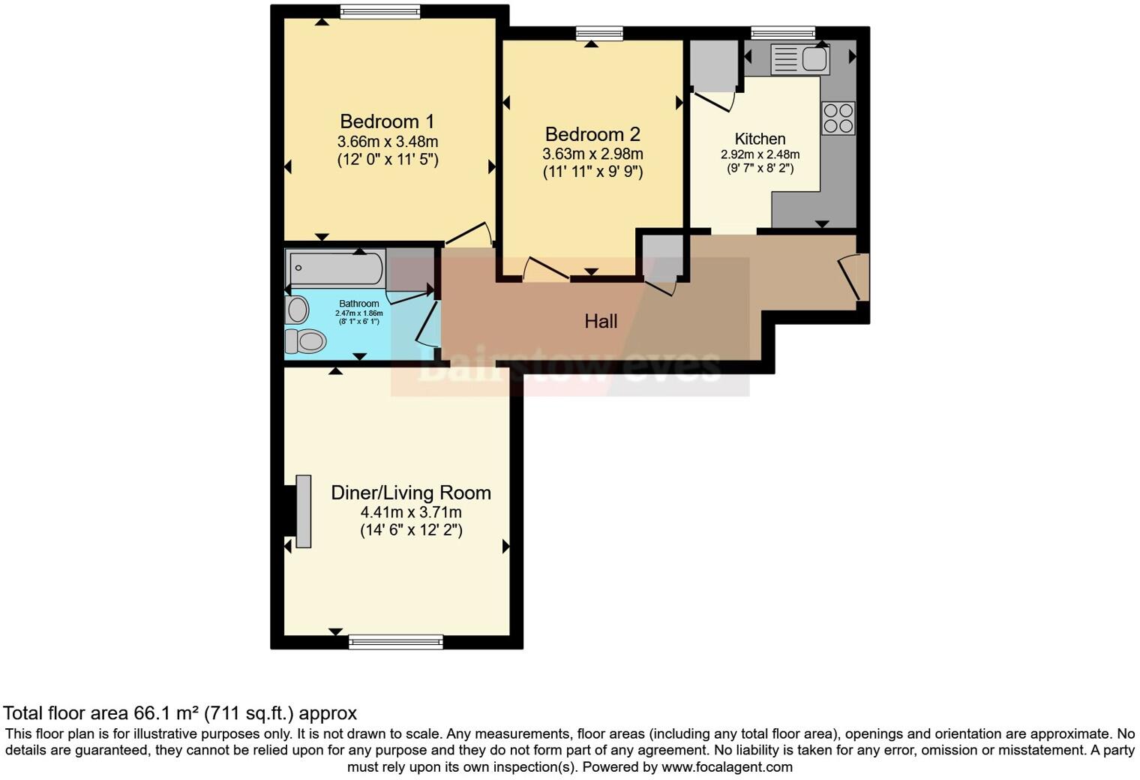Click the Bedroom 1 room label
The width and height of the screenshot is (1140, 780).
[x=387, y=121]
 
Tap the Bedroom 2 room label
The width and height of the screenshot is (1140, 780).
[x=592, y=134]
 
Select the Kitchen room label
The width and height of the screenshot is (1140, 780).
[x=760, y=139]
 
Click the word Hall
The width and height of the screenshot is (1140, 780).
[x=601, y=322]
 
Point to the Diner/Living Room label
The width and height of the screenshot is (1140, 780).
[x=411, y=493]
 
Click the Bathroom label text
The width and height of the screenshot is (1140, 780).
[x=358, y=304]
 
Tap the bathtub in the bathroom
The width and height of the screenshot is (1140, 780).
[x=336, y=268]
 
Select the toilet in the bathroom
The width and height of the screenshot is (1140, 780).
[x=305, y=341]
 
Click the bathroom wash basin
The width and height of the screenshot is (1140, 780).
[x=296, y=310]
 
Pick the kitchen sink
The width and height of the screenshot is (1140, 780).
[x=799, y=59]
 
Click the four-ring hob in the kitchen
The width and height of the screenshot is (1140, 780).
[x=838, y=118]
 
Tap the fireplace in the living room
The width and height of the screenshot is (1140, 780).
[x=302, y=511]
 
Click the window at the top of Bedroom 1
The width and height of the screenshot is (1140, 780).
[x=379, y=11]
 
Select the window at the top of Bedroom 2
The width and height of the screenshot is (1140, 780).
[x=599, y=33]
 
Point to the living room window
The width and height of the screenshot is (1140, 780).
[x=395, y=641]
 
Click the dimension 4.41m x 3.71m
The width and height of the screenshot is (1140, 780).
[x=411, y=513]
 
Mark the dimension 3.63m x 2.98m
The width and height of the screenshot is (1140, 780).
[x=592, y=154]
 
